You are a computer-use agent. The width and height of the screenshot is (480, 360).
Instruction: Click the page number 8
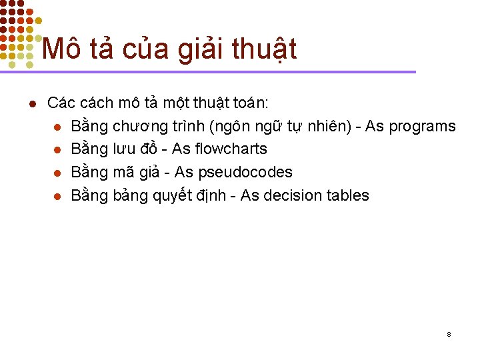tap(449, 333)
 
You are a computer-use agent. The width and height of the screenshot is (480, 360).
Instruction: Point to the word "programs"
tap(422, 127)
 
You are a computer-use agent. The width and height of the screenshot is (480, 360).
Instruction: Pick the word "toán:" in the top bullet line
tap(249, 103)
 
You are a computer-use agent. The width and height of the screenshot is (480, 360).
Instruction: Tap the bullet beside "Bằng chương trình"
tap(58, 127)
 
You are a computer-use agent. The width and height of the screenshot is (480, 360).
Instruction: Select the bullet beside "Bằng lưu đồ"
tap(58, 150)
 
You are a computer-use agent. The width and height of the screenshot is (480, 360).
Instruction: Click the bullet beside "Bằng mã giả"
tap(58, 173)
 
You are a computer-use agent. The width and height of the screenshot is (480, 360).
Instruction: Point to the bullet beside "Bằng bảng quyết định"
tap(58, 196)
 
